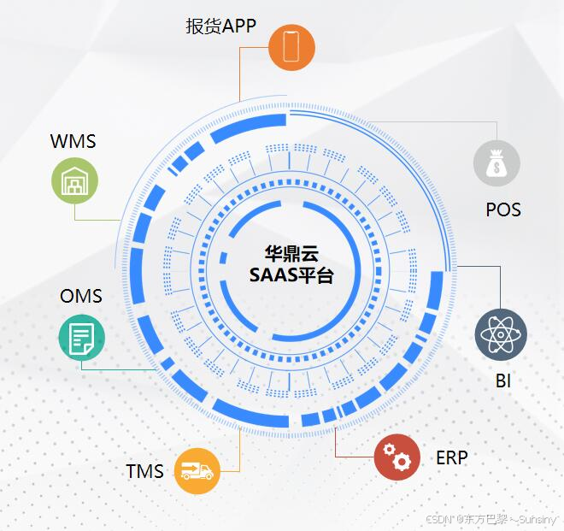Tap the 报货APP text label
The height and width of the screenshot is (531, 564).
pos(221,26)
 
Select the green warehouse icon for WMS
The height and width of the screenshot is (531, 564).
pos(74,181)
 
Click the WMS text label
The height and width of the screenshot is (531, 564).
pos(73,141)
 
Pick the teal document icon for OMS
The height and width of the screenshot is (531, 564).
pos(82,336)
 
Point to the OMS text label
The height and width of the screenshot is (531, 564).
pos(81,297)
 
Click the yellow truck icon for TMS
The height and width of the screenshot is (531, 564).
pos(197,471)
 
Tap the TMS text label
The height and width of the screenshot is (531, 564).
pos(145,471)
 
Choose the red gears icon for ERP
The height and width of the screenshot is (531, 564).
pos(397,457)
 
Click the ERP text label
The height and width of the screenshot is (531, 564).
pos(451,457)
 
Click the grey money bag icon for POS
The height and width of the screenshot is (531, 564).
pos(496,162)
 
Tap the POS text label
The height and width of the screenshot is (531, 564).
pos(502,209)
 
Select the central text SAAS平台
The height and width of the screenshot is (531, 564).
pos(291,275)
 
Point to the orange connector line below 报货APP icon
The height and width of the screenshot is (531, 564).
pos(240,73)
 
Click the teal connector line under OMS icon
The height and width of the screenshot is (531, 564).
pos(120,369)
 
